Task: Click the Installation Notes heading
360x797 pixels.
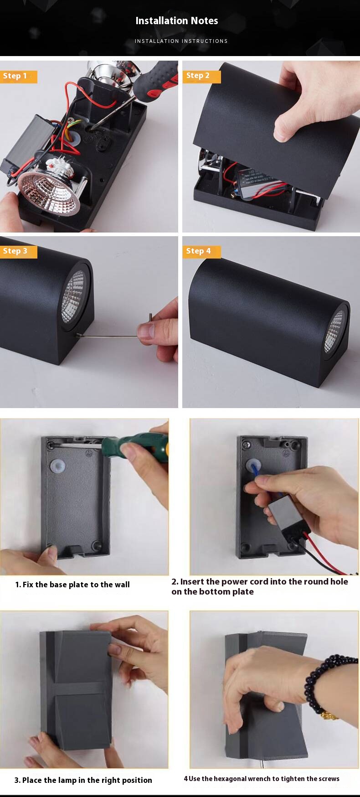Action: [177, 21]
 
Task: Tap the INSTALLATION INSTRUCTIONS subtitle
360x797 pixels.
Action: [181, 41]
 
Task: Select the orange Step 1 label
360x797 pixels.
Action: [18, 76]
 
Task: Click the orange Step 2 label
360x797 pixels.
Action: [201, 76]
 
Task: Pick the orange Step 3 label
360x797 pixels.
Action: [18, 251]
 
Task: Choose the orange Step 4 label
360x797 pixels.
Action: [201, 251]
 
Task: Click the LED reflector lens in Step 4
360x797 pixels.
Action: [334, 331]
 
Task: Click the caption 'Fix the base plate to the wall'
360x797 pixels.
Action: [72, 585]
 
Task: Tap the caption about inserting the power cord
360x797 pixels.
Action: [260, 586]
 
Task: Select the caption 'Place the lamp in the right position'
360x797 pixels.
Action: [83, 780]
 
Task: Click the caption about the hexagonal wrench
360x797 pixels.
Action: [262, 779]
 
